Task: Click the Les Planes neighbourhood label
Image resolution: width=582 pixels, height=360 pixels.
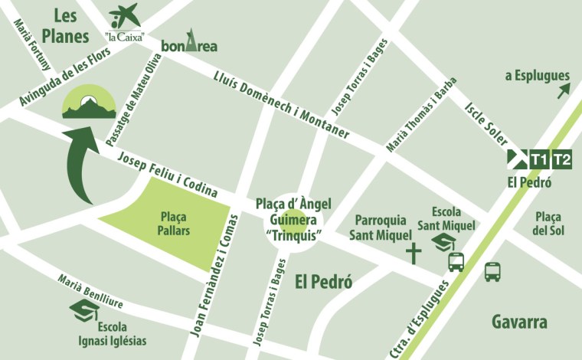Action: [x=66, y=25]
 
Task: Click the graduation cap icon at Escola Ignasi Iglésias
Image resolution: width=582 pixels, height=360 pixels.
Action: [x=84, y=309]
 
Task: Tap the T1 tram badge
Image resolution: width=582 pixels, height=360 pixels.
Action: [x=540, y=159]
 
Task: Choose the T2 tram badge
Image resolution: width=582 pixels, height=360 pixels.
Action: [x=562, y=159]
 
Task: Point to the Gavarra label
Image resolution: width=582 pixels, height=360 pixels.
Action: [x=520, y=322]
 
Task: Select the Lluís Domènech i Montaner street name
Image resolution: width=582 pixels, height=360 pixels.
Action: [x=282, y=100]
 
